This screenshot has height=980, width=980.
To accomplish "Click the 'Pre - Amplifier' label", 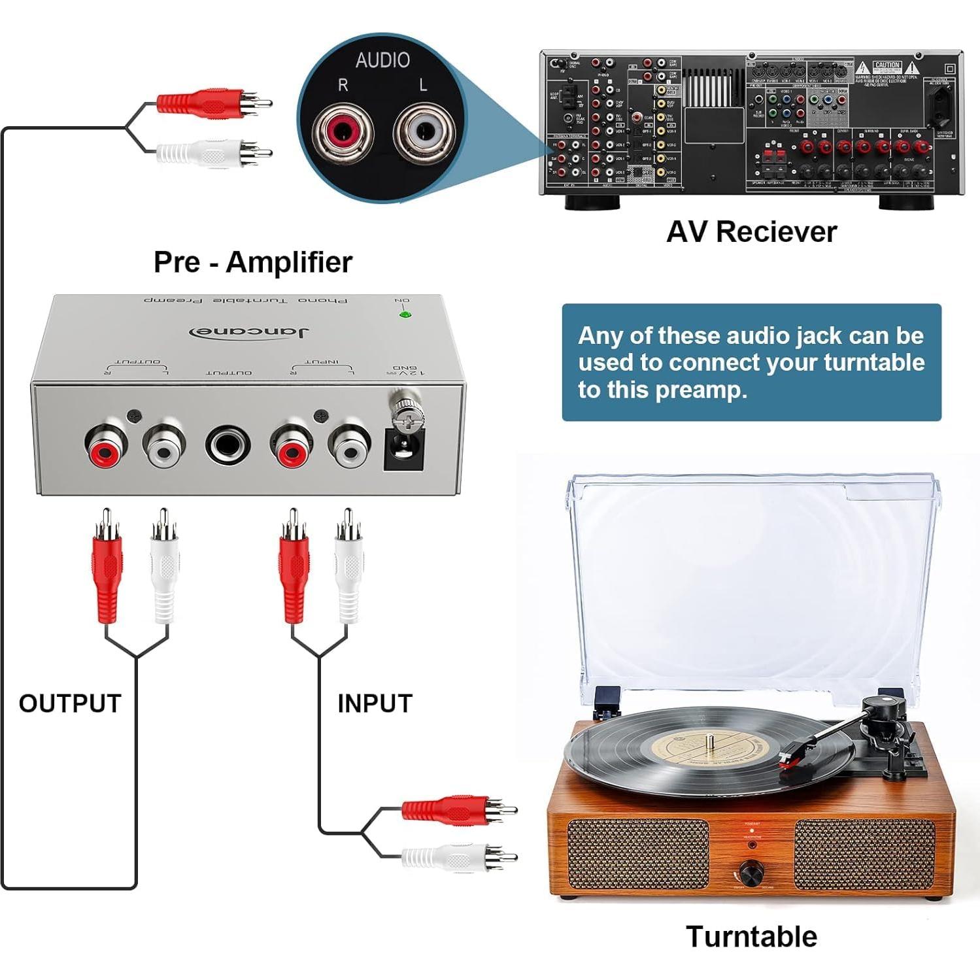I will [252, 262].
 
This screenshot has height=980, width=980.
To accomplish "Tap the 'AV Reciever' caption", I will [751, 232].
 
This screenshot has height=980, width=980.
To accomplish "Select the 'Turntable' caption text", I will [751, 936].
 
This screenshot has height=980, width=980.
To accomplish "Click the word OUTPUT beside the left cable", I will [70, 703].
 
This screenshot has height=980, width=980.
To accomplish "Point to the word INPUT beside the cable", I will [375, 703].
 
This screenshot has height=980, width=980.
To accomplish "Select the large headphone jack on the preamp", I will [228, 447].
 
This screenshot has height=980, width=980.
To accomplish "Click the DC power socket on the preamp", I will [403, 452].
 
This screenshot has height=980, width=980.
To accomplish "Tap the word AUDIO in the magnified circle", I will [382, 60].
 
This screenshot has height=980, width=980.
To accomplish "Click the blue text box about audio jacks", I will [751, 362].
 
